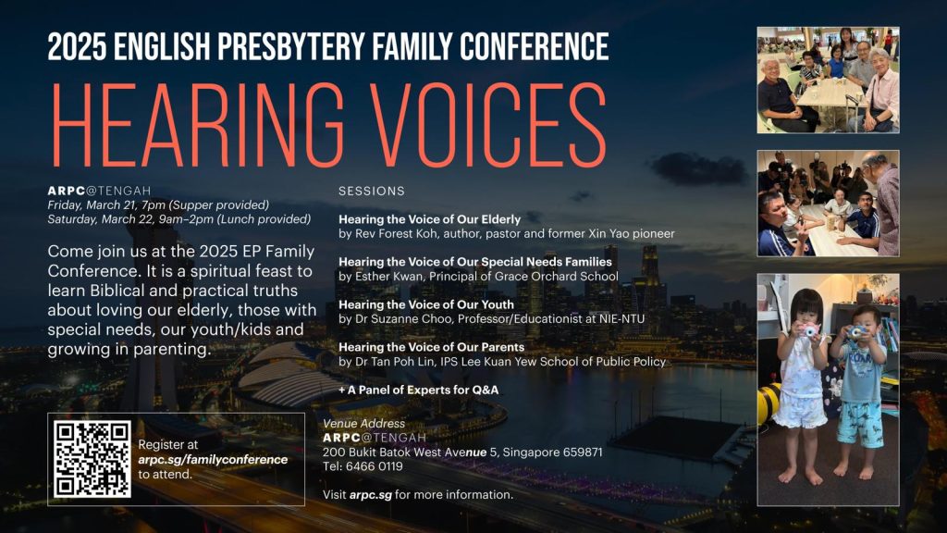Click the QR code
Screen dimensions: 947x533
coord(92,459)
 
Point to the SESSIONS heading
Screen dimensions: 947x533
coord(372,191)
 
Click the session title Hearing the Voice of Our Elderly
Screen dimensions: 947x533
coord(429,219)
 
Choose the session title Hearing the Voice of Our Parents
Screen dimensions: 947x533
coord(431,347)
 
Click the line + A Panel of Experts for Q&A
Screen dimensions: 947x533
coord(419,390)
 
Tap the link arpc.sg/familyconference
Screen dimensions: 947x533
coord(213,460)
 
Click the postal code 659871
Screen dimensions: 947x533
coord(583,452)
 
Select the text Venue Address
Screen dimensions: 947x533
coord(363,424)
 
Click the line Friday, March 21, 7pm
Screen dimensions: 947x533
coord(106,205)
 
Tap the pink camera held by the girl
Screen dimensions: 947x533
coord(808,330)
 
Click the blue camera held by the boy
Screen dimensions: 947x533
coord(856,332)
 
